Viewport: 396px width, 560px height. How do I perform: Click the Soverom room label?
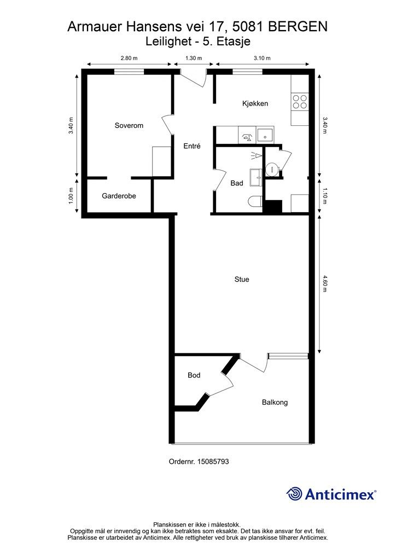[x=129, y=125]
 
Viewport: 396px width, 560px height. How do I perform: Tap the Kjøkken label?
[x=255, y=103]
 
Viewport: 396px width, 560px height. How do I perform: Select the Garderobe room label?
[x=119, y=196]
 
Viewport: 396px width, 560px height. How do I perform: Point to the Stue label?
[x=242, y=279]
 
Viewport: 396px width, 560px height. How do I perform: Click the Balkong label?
[x=275, y=402]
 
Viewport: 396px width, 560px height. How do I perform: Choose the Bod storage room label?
[x=194, y=375]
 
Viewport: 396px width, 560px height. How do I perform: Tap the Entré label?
[x=192, y=145]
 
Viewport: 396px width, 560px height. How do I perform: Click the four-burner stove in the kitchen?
[x=300, y=101]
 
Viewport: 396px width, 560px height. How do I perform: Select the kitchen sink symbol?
[x=265, y=135]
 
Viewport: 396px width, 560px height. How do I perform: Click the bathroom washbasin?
[x=256, y=178]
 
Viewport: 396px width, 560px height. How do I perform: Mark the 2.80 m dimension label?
[x=129, y=58]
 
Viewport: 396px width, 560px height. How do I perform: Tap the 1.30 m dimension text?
[x=194, y=58]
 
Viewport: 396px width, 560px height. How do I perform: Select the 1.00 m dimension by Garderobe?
[x=71, y=196]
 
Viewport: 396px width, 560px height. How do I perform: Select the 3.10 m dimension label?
[x=262, y=58]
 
